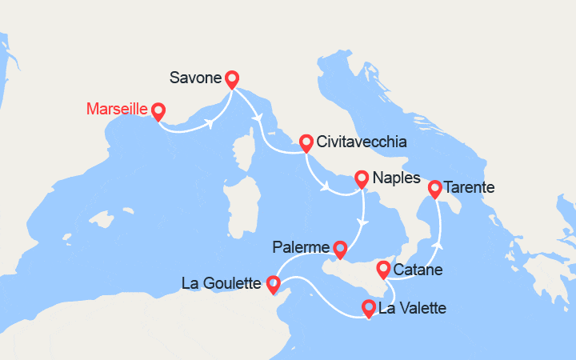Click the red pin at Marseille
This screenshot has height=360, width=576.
tap(158, 111)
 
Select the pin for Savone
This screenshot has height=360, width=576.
tap(232, 78)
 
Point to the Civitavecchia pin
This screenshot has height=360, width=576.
tap(306, 142)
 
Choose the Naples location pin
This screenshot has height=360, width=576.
tap(362, 179)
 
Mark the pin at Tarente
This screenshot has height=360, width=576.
tap(435, 189)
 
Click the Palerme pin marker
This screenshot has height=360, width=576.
tap(340, 250)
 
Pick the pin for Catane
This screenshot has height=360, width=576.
tap(384, 269)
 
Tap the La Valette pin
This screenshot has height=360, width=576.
tap(369, 307)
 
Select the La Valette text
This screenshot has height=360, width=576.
tap(412, 308)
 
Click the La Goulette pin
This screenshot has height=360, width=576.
tap(273, 283)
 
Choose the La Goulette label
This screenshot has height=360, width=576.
tap(222, 283)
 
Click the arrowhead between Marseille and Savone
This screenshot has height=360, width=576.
tap(210, 123)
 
